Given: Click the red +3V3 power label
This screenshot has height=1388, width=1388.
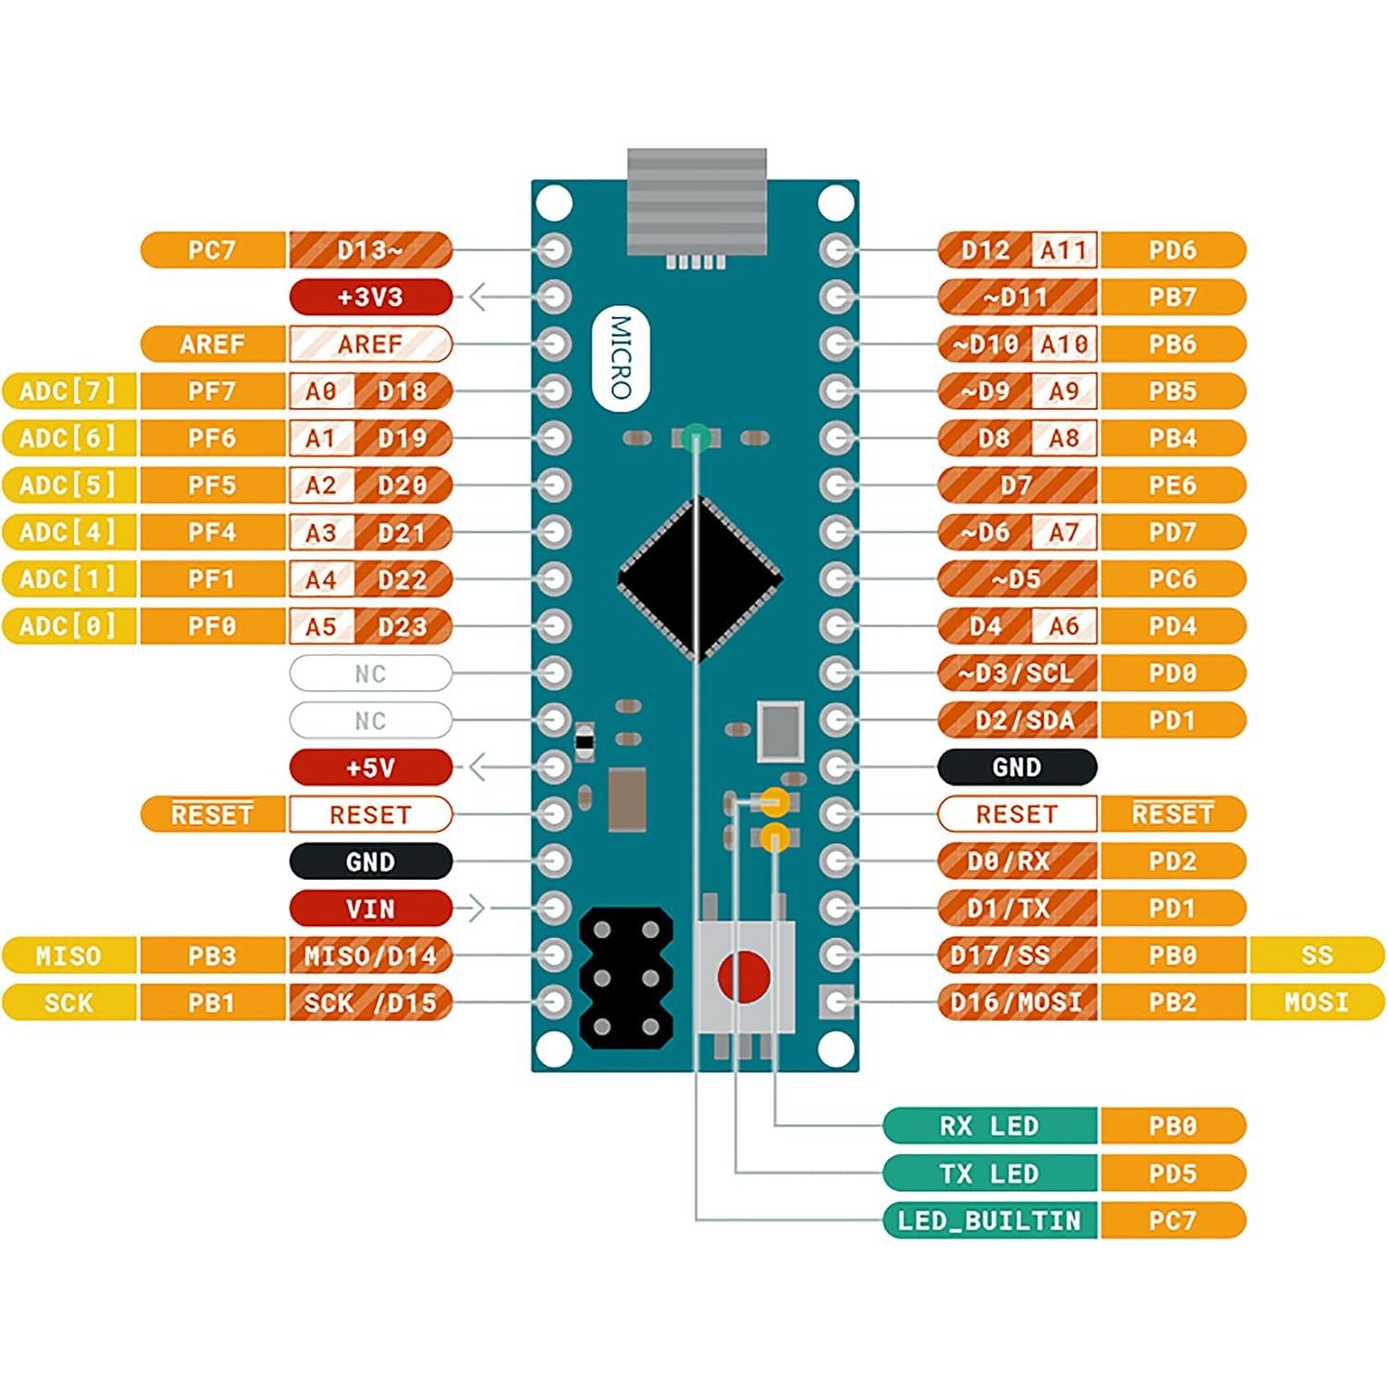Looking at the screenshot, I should (370, 297).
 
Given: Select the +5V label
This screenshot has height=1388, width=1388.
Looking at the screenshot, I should (370, 767).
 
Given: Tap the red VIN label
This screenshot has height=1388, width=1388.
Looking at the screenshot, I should (370, 909).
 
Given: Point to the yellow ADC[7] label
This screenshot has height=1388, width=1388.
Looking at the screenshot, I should (68, 391).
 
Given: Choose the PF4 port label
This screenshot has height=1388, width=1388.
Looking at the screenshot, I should (212, 532).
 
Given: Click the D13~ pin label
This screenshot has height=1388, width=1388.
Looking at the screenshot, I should (370, 250).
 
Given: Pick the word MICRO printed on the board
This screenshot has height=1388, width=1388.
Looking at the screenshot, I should (621, 357).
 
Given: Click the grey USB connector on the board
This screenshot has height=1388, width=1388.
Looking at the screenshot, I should (697, 201).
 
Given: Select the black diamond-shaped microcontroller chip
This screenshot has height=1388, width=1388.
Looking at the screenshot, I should (700, 579).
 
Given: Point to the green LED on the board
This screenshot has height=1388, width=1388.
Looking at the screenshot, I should (697, 437).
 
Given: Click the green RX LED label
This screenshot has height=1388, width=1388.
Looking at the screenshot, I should (989, 1126).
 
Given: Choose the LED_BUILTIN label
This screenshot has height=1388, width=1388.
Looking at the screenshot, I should (989, 1221).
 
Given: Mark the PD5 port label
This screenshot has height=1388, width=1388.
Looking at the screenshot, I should (1172, 1173).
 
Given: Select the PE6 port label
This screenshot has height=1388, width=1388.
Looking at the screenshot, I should (1172, 485).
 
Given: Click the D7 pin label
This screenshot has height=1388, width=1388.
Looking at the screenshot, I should (1016, 485).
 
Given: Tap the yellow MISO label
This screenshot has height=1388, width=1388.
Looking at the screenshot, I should (68, 956).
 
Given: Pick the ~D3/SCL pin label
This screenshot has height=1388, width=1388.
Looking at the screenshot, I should (1016, 673).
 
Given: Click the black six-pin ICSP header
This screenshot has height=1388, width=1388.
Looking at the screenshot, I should (626, 978).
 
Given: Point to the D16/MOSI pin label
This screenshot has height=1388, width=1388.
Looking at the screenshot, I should (1016, 1002).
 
